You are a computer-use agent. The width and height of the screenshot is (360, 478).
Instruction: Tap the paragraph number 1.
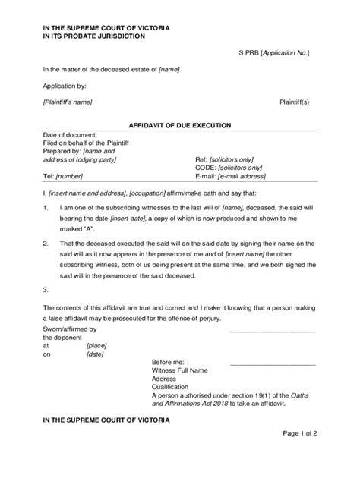[x=46, y=206]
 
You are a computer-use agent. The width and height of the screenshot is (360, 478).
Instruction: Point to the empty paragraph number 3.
[x=46, y=289]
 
